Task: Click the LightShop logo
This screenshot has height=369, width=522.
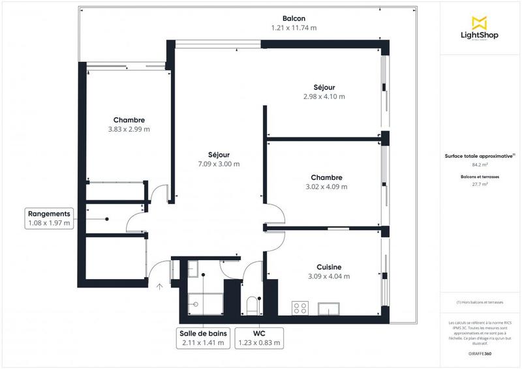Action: (480, 29)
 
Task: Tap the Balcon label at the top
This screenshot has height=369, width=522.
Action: (294, 18)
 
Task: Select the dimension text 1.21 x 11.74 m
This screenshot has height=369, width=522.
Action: (294, 28)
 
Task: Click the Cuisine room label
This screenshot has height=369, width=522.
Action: (329, 267)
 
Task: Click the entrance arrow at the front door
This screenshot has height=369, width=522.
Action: (161, 285)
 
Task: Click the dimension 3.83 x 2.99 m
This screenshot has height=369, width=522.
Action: (129, 129)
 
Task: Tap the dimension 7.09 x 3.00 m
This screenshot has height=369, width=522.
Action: (219, 164)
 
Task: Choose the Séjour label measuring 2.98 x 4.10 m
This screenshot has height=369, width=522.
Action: (324, 87)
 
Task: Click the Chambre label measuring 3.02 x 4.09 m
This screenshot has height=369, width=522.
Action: (326, 177)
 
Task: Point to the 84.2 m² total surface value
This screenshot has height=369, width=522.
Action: (480, 165)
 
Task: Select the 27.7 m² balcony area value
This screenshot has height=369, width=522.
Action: (480, 184)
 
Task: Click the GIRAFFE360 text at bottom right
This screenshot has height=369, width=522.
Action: (480, 353)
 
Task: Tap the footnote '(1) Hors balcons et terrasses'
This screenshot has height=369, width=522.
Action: (480, 303)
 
